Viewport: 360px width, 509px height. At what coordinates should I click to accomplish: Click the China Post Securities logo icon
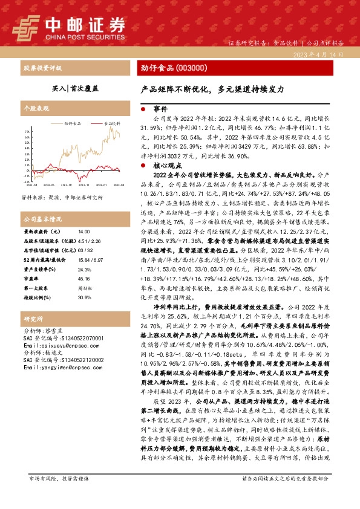pos(26,25)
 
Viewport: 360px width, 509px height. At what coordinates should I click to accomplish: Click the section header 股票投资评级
pos(42,69)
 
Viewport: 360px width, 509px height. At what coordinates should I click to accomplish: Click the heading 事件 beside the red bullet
pos(160,109)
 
